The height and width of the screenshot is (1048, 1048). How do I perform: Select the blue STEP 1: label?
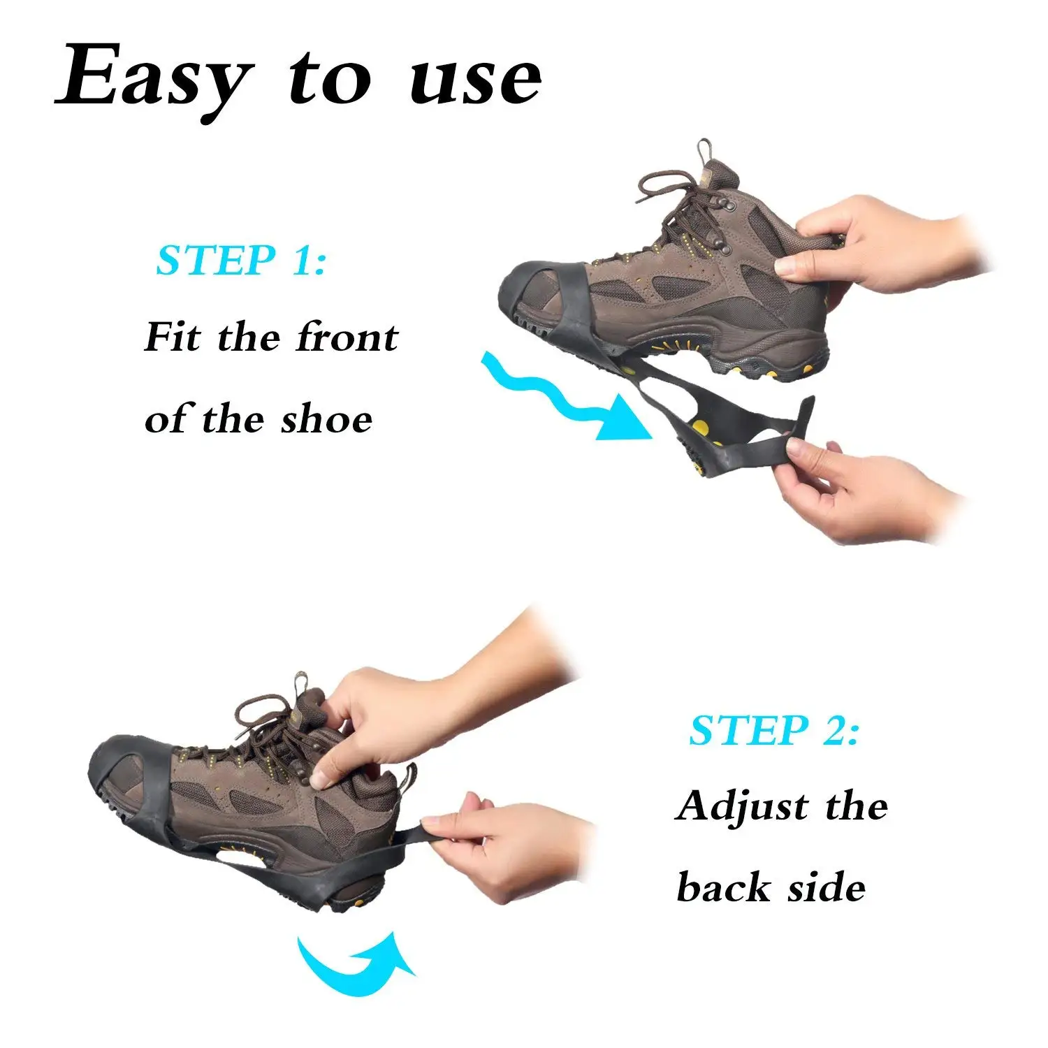(242, 261)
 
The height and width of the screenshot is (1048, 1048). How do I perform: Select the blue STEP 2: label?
(775, 731)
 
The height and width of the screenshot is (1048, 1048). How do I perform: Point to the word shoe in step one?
(327, 419)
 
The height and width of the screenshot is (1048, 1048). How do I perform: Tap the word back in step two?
(724, 888)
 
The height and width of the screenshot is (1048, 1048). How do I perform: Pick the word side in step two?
(827, 888)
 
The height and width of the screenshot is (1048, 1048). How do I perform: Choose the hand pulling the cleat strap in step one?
(866, 489)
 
